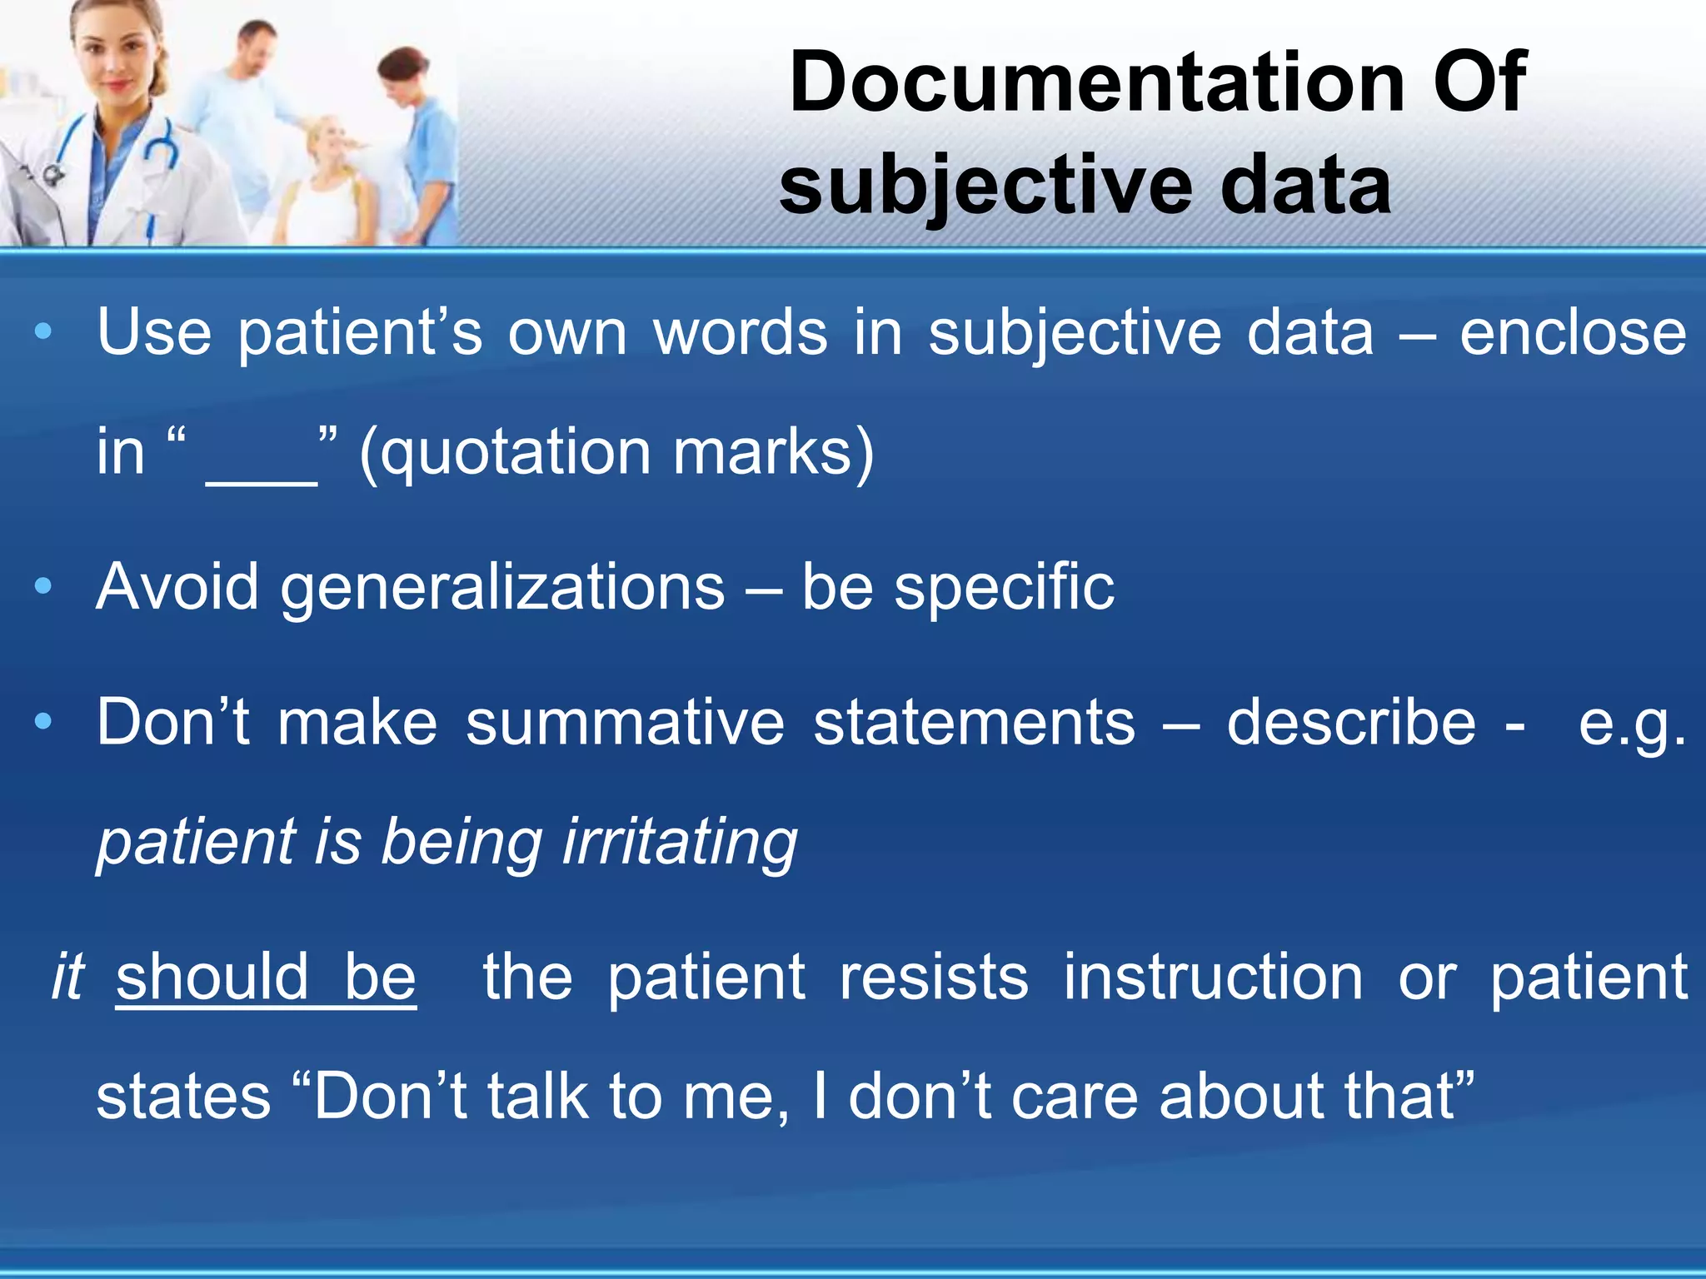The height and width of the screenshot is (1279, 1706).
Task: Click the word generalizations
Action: (502, 588)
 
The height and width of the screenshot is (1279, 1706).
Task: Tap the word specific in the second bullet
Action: (1004, 588)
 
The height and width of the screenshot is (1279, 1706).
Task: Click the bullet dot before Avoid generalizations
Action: (43, 587)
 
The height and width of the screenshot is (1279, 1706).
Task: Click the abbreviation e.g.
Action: (1631, 723)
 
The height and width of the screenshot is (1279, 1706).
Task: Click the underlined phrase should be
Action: (266, 978)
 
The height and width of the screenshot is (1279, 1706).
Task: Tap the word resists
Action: (934, 978)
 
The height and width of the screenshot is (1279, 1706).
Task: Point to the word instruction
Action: (1213, 978)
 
